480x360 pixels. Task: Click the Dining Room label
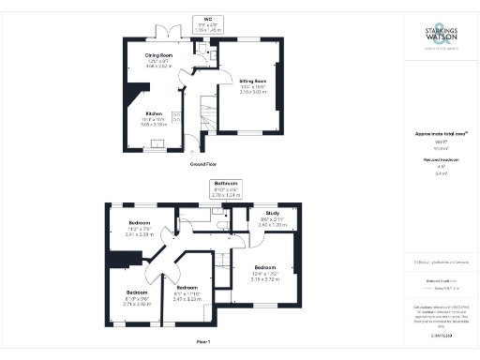click(x=159, y=56)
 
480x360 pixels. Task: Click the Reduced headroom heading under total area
click(x=441, y=161)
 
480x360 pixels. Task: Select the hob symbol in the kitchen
click(x=175, y=118)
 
